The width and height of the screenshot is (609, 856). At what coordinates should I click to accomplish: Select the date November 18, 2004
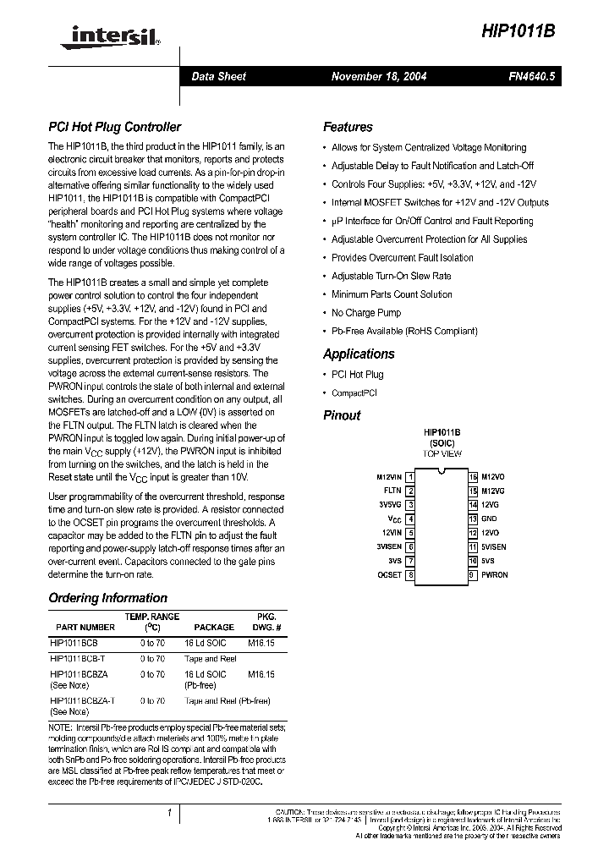point(379,76)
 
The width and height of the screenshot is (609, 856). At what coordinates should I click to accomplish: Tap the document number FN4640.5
point(531,76)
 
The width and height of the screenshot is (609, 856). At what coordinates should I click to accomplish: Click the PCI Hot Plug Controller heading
point(114,128)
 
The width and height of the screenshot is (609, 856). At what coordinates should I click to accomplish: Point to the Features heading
point(348,128)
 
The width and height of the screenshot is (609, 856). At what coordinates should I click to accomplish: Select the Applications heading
point(359,354)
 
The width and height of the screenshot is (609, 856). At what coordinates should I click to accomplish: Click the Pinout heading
point(342,415)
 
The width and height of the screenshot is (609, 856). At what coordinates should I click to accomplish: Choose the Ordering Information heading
point(107,598)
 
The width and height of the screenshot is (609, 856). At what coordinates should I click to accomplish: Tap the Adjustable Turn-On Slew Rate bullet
point(391,276)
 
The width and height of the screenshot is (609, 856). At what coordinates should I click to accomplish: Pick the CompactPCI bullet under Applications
point(354,392)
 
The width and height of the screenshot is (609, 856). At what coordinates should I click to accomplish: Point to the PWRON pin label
point(495,575)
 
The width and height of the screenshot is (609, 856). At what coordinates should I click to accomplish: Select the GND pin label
point(489,519)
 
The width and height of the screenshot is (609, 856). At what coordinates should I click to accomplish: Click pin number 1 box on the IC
point(410,477)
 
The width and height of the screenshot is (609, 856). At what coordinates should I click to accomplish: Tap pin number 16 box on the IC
point(474,477)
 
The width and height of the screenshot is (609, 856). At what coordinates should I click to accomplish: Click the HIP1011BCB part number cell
point(74,643)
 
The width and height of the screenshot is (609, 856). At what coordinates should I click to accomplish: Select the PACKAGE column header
point(214,628)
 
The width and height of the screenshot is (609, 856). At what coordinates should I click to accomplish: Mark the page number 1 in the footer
point(170,814)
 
